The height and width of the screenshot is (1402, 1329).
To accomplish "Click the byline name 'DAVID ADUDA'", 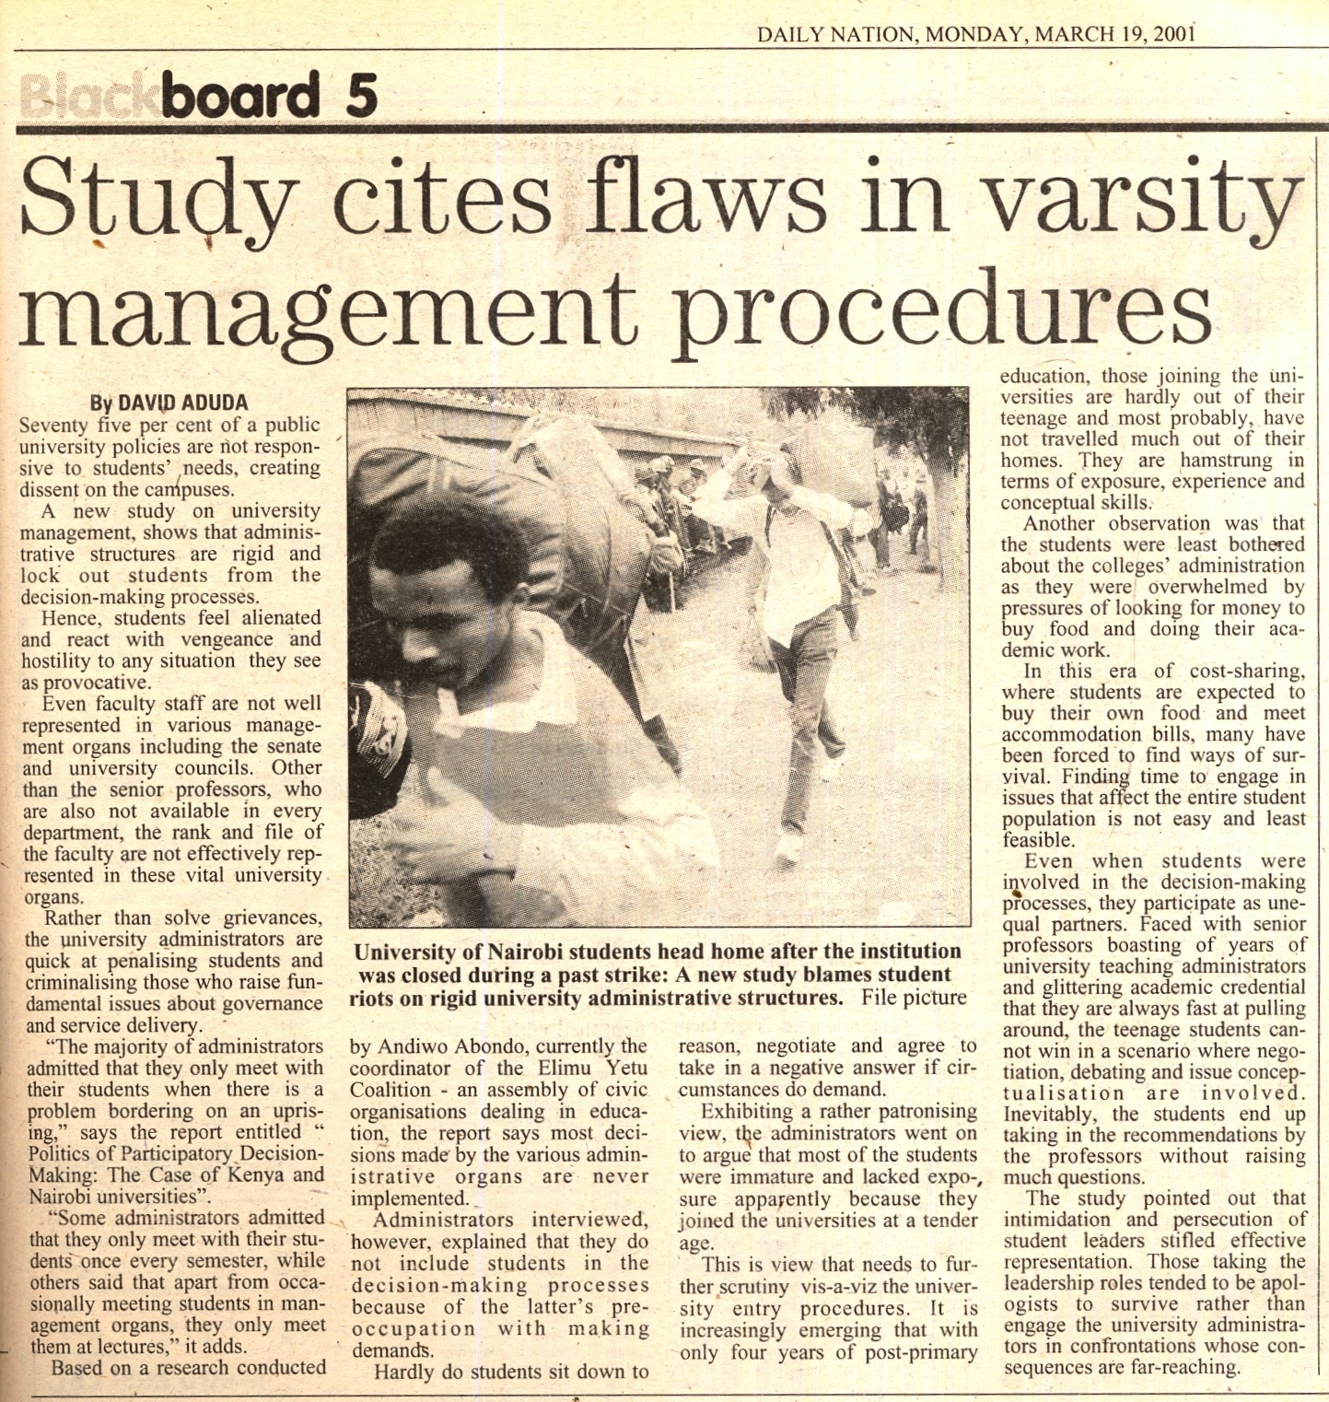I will [189, 403].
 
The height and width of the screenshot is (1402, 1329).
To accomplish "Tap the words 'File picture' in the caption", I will [914, 999].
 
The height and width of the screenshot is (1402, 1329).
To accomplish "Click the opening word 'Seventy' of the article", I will [53, 426].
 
